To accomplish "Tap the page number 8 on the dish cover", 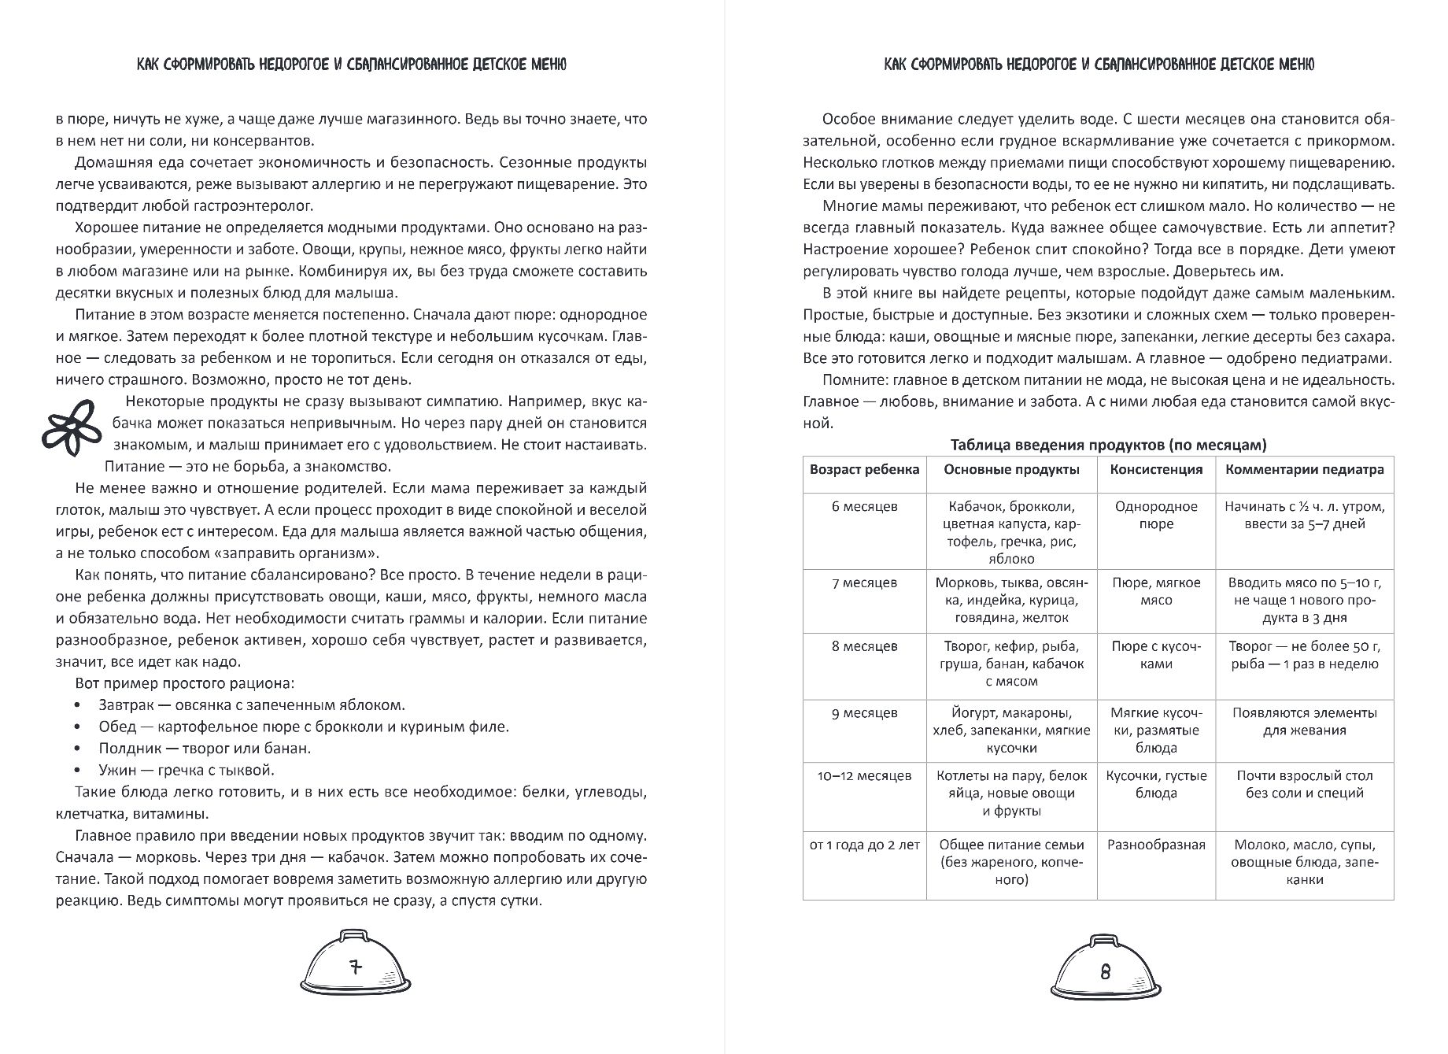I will (x=1106, y=971).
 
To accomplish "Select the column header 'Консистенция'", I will (x=1156, y=470).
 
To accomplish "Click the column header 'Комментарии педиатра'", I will (x=1304, y=470).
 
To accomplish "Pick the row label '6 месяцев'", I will (x=864, y=506).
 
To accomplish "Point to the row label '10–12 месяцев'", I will (x=864, y=775).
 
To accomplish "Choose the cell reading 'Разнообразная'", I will (x=1156, y=845).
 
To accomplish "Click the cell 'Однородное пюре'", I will (x=1156, y=515).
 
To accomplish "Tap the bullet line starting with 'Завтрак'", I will (x=252, y=705).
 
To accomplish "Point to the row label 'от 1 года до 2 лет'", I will (x=864, y=845).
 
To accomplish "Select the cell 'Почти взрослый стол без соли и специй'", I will (x=1304, y=784).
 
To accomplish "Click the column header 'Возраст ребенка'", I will (x=864, y=470).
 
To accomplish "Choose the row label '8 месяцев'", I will (x=864, y=646).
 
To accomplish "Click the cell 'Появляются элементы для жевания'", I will (x=1304, y=721).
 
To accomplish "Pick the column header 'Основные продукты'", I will (x=1011, y=470).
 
